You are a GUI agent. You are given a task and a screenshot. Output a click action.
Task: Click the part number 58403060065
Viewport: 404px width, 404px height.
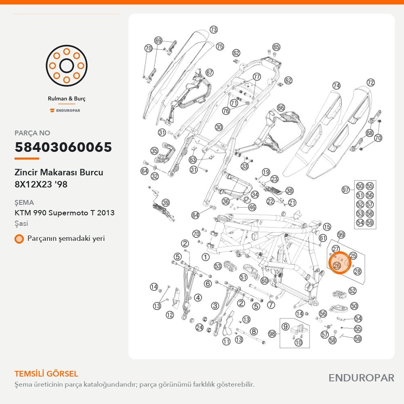[x=63, y=147]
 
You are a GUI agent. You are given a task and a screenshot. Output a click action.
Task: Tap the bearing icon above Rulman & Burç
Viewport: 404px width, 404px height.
[x=67, y=66]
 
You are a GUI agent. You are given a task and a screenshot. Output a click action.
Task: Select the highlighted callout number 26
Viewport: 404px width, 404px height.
[x=337, y=266]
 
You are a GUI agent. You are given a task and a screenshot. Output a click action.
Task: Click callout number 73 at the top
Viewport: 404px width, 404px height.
[x=214, y=29]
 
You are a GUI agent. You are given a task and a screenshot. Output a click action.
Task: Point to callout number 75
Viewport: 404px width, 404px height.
[x=220, y=46]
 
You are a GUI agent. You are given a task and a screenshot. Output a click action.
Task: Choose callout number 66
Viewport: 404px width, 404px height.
[x=281, y=107]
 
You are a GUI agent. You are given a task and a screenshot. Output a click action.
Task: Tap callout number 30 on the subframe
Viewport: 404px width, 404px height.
[x=219, y=127]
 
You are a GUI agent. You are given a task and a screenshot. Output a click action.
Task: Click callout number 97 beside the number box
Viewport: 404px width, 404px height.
[x=345, y=190]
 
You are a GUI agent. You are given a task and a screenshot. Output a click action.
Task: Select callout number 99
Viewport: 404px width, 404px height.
[x=341, y=235]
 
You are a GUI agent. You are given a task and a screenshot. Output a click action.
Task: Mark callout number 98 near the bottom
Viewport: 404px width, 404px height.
[x=272, y=334]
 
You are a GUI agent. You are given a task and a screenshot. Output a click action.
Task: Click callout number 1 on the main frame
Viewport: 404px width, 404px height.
[x=205, y=257]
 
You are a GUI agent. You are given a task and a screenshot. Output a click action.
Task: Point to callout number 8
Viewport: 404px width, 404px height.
[x=254, y=331]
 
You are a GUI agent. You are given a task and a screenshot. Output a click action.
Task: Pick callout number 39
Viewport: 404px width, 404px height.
[x=166, y=203]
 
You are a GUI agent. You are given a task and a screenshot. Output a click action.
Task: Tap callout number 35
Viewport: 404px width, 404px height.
[x=154, y=151]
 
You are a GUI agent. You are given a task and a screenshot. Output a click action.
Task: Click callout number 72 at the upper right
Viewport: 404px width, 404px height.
[x=370, y=82]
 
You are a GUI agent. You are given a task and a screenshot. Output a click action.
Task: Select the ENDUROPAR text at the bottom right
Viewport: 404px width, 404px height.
[x=362, y=378]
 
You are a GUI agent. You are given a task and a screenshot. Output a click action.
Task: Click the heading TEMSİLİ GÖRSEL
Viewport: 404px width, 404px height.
[x=46, y=374]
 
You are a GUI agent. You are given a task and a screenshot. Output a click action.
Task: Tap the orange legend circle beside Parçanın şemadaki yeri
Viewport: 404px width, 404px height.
[x=19, y=239]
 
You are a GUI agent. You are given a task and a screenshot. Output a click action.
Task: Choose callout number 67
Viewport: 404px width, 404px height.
[x=209, y=73]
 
